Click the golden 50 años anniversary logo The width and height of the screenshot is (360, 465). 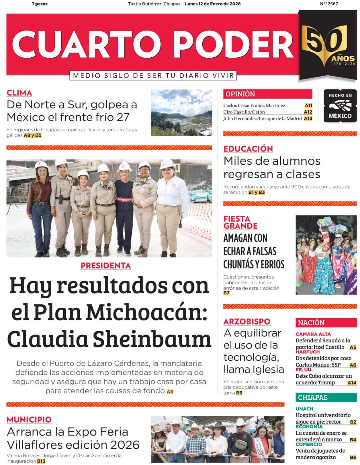pos(328,46)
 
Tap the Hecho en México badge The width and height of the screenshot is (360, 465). pos(340,106)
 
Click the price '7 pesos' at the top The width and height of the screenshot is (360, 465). pos(40,4)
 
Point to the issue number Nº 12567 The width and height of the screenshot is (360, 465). pos(329,4)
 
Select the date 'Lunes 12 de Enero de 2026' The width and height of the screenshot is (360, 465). pos(213,4)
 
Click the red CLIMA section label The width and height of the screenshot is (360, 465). pos(19,93)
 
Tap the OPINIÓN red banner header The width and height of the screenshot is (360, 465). pos(267,94)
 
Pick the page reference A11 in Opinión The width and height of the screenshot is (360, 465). pos(308,105)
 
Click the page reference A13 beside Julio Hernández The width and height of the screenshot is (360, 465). pos(308,118)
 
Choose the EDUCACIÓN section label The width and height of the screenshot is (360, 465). pos(248,149)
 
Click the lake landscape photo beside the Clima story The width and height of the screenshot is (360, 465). pos(181,112)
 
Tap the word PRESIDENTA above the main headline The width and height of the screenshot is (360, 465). pos(105,266)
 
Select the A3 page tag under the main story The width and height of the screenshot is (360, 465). pos(170,391)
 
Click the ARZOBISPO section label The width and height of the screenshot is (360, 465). pos(247,321)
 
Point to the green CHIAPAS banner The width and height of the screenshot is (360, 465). pos(326,398)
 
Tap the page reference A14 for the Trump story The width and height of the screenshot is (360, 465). pos(352,383)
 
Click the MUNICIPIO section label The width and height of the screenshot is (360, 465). pos(29,420)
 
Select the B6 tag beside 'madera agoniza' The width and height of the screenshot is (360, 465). pos(353,458)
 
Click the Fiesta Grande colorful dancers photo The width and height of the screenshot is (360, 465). pos(326,255)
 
